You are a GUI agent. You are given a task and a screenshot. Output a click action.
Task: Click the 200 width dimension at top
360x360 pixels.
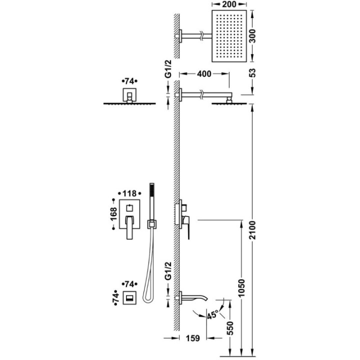click(x=229, y=4)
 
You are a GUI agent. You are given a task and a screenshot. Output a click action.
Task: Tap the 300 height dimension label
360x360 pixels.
click(x=252, y=36)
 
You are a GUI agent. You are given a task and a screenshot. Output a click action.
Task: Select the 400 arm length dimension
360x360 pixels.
click(x=204, y=74)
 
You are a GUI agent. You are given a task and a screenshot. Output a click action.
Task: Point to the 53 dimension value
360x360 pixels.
click(x=252, y=73)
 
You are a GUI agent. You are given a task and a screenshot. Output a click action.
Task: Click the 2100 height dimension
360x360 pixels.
click(x=252, y=230)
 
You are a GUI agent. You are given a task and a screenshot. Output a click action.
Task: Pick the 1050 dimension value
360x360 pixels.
click(x=241, y=288)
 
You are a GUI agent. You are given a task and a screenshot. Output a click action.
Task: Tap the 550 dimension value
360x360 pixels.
click(x=230, y=328)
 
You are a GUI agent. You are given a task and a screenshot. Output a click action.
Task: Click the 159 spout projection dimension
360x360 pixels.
click(x=192, y=338)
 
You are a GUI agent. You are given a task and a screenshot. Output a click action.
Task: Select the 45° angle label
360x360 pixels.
click(x=212, y=315)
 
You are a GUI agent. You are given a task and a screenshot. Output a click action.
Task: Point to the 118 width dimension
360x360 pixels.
click(x=129, y=193)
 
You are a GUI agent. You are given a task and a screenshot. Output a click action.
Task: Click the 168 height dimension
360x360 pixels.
click(x=113, y=214)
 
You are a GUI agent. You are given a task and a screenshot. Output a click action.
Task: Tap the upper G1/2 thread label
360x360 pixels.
click(x=168, y=68)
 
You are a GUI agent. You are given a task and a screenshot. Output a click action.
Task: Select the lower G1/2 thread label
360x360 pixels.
click(x=168, y=271)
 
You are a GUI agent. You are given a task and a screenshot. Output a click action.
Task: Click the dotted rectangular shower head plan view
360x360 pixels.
click(x=229, y=36)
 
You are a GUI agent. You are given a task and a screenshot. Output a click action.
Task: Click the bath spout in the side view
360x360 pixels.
click(x=194, y=297)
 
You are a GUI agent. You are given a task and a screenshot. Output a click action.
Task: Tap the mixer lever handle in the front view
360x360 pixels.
click(x=129, y=227)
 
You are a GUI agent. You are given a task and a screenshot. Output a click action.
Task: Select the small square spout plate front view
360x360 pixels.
click(x=130, y=297)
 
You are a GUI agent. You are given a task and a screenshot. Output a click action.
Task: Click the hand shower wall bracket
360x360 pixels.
click(x=152, y=224)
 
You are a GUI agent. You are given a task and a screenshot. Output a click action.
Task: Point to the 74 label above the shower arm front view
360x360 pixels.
click(x=129, y=81)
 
